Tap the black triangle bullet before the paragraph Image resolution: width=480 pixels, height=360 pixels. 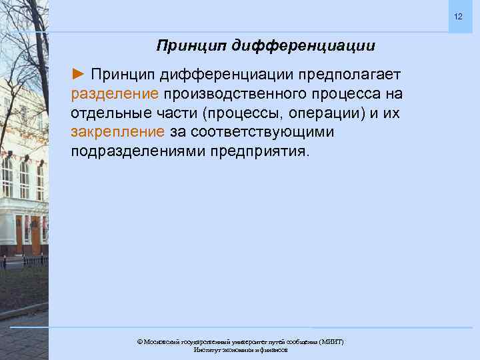pos(78,72)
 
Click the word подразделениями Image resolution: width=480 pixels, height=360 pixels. pos(139,150)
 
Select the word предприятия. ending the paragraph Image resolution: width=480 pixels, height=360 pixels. pos(261,150)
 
